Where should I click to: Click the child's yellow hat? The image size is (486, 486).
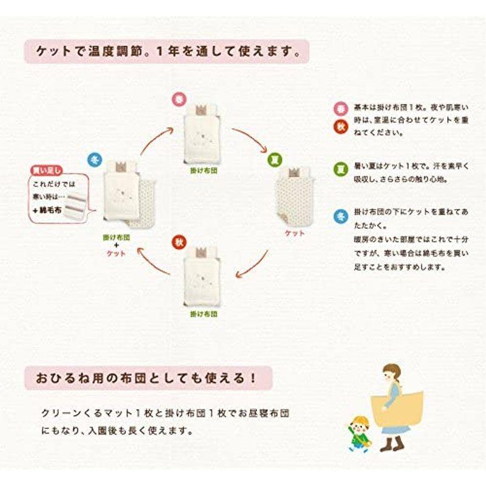360,421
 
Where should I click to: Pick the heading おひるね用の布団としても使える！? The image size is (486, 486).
140,378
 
